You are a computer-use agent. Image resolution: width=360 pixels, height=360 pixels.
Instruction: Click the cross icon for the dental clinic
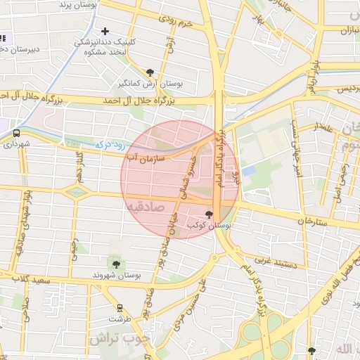click(105, 31)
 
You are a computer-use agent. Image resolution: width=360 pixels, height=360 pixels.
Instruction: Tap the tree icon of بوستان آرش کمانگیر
click(150, 72)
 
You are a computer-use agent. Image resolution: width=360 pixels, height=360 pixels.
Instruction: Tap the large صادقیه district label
click(146, 207)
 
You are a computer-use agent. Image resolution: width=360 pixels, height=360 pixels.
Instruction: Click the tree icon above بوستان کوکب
click(208, 214)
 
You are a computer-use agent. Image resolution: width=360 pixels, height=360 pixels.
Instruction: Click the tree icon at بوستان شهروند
click(116, 264)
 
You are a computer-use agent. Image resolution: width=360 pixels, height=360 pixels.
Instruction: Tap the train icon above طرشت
click(120, 307)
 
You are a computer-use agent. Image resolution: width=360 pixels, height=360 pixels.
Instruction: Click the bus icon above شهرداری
click(16, 132)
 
